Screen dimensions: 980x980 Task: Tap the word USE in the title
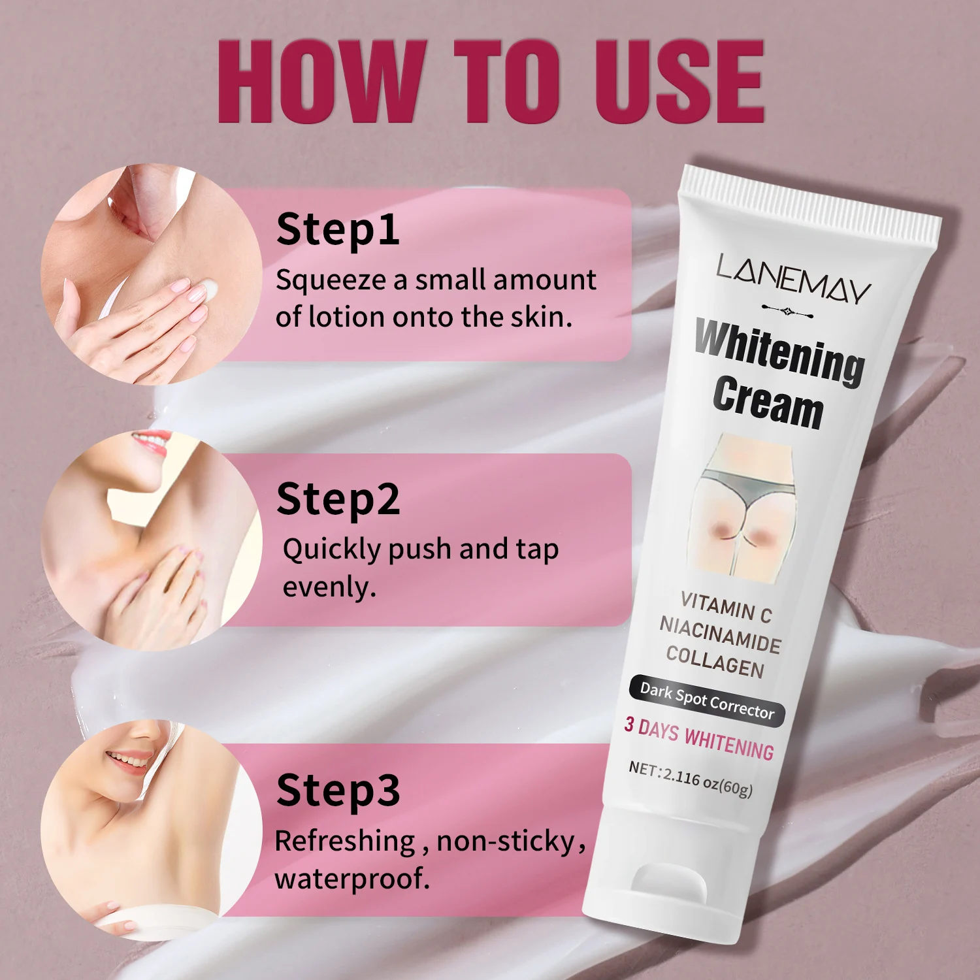point(679,81)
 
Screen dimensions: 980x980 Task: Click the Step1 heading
point(338,231)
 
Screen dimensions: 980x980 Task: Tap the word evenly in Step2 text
point(329,587)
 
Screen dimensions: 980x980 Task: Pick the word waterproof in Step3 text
point(352,879)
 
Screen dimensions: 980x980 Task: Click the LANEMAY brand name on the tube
point(793,279)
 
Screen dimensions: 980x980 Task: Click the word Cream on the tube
point(768,402)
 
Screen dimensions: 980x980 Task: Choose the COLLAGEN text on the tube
point(715,661)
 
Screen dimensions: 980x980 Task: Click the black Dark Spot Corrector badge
point(707,700)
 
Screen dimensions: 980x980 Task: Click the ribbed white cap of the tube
point(810,201)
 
